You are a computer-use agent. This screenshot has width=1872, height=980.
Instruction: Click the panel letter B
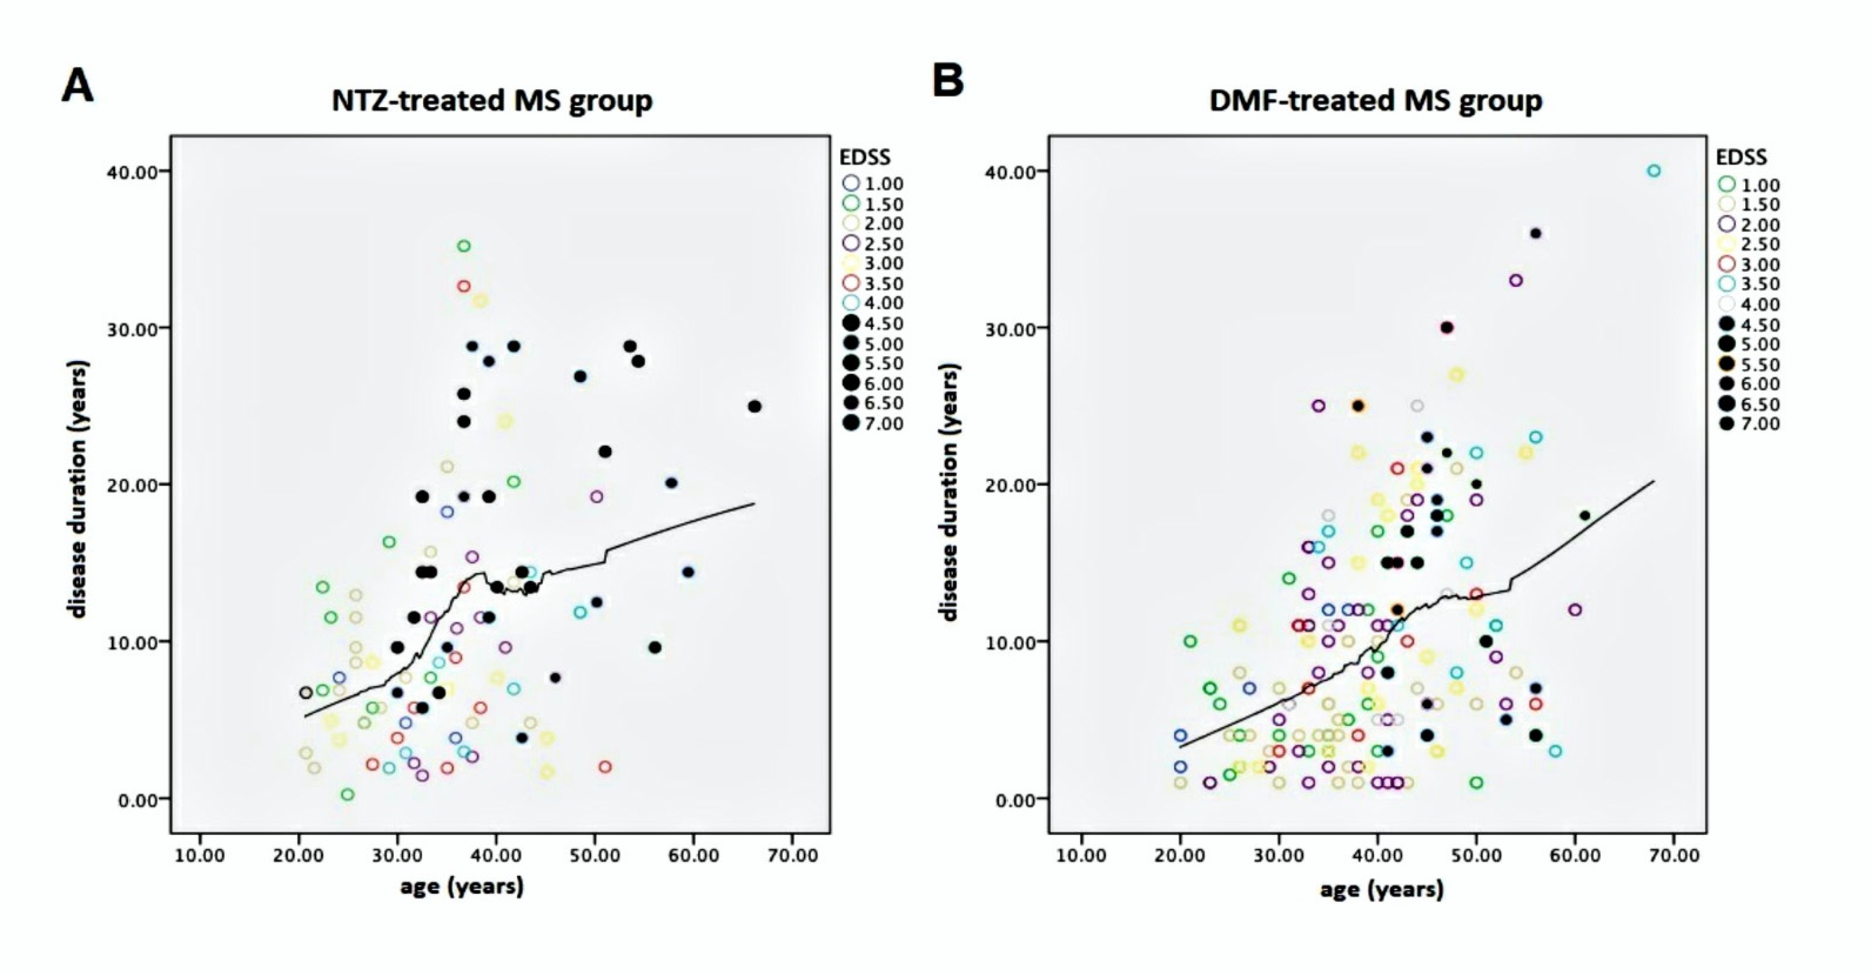pyautogui.click(x=947, y=80)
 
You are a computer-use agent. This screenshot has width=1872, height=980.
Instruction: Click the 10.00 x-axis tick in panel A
pyautogui.click(x=200, y=855)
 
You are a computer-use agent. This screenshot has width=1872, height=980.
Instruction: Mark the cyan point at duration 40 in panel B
pyautogui.click(x=1654, y=171)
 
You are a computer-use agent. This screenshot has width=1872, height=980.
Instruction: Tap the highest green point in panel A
pyautogui.click(x=464, y=246)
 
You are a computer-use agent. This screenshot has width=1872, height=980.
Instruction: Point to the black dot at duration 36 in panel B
pyautogui.click(x=1536, y=233)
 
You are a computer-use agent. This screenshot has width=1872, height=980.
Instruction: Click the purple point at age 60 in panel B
pyautogui.click(x=1575, y=610)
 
